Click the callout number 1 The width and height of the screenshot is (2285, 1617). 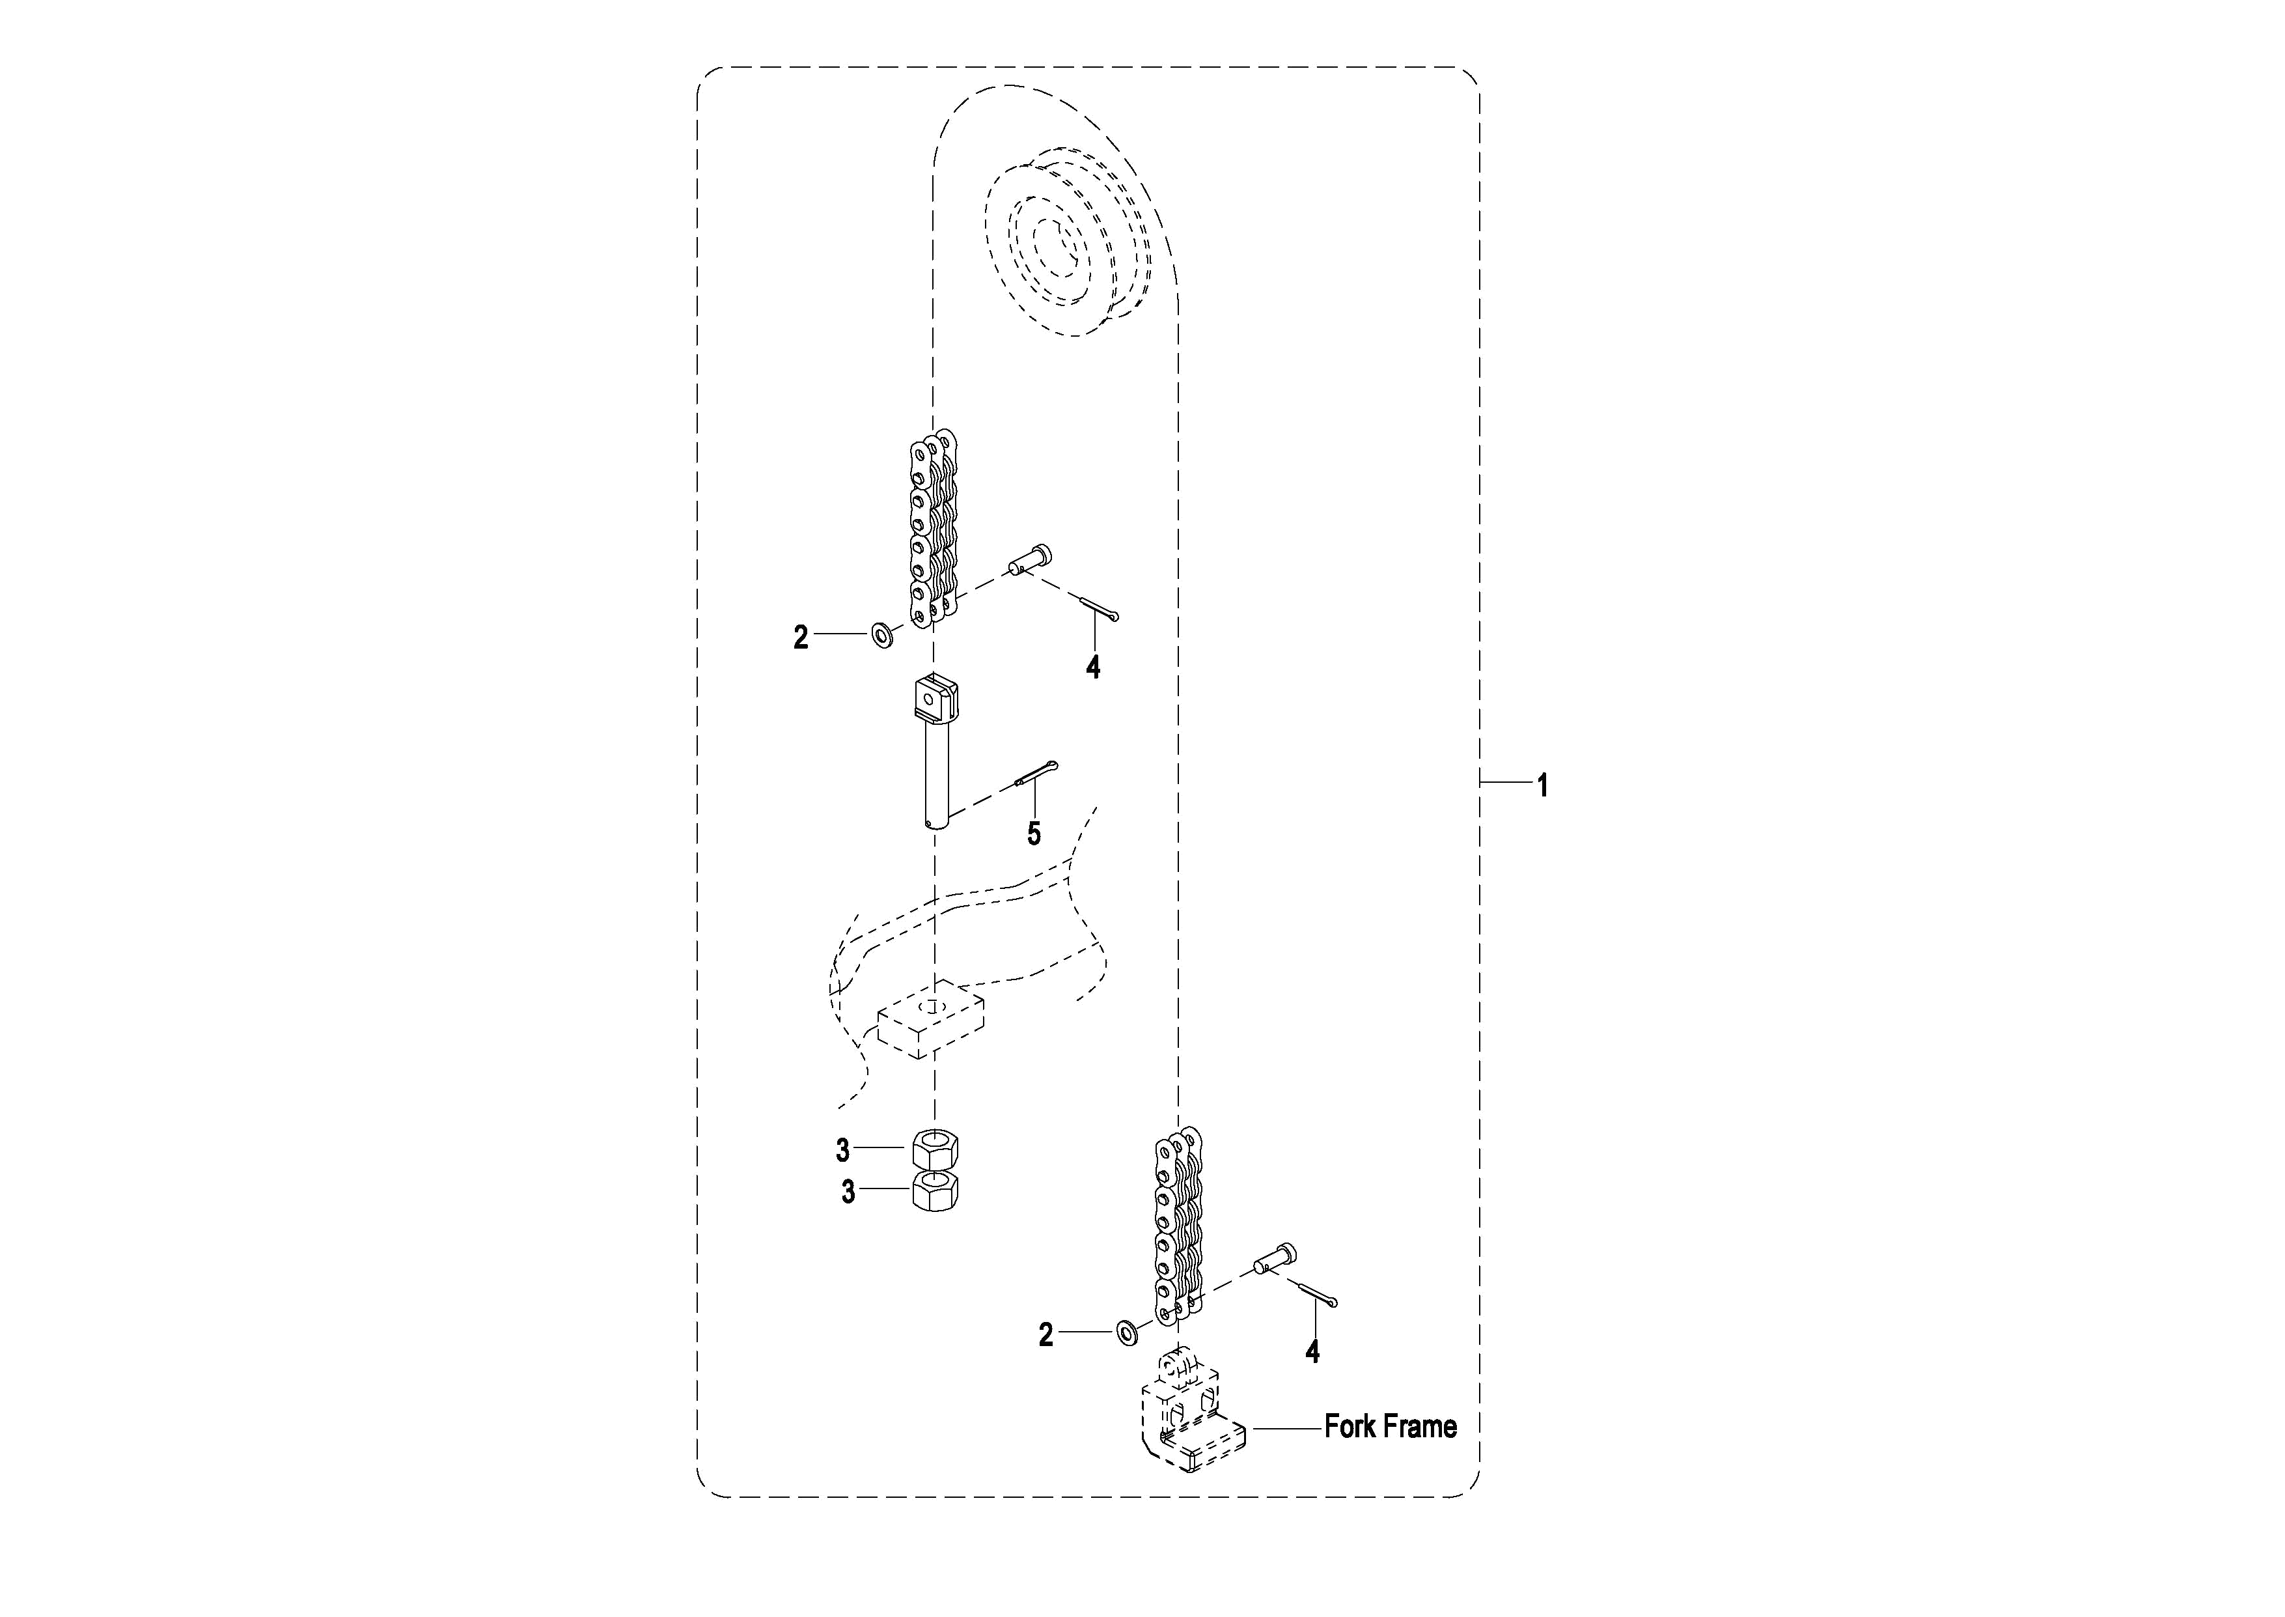(x=1543, y=785)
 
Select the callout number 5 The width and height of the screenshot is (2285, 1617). (x=1034, y=834)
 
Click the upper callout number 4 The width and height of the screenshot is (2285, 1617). (x=1093, y=667)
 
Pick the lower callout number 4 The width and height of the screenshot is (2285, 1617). (x=1312, y=1351)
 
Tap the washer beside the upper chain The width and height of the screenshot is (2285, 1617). (x=881, y=634)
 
